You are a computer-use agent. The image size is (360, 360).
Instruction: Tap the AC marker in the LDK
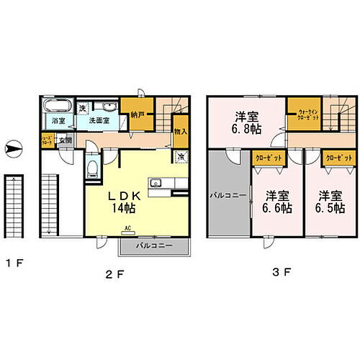coord(127,231)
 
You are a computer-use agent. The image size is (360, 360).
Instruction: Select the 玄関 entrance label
coord(65,140)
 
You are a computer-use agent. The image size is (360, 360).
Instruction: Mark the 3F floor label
coord(282,273)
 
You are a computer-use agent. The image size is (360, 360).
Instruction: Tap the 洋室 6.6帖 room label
coord(276,202)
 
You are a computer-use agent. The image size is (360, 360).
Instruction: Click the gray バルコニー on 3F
coord(228,194)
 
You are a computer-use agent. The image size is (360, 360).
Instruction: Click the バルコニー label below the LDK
coord(153,248)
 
